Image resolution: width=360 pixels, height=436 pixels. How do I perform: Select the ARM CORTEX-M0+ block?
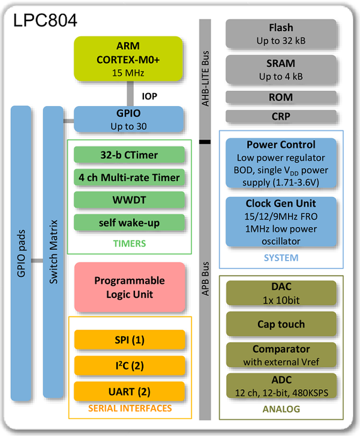click(x=128, y=59)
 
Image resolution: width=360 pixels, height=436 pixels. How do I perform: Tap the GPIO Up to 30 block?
click(x=128, y=120)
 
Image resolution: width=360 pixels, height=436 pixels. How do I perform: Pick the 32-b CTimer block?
click(x=129, y=155)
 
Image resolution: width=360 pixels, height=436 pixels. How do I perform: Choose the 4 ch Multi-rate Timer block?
click(x=129, y=178)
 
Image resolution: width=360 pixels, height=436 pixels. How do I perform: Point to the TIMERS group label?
click(x=129, y=243)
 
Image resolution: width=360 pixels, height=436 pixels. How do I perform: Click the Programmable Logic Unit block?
click(x=129, y=286)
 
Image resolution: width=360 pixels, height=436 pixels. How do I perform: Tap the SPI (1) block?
click(x=130, y=339)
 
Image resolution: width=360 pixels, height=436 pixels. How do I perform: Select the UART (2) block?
click(x=130, y=391)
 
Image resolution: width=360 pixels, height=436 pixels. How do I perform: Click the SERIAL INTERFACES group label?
click(x=130, y=408)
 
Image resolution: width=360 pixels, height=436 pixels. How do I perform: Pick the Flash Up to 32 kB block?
click(x=281, y=34)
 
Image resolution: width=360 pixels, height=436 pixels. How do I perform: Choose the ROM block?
click(x=281, y=97)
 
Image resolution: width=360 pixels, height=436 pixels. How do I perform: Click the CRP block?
click(x=281, y=116)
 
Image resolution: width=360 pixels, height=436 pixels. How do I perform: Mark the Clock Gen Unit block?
click(x=281, y=222)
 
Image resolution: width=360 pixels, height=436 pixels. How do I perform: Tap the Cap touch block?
click(x=281, y=324)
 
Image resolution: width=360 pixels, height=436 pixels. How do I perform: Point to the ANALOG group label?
click(x=281, y=409)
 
